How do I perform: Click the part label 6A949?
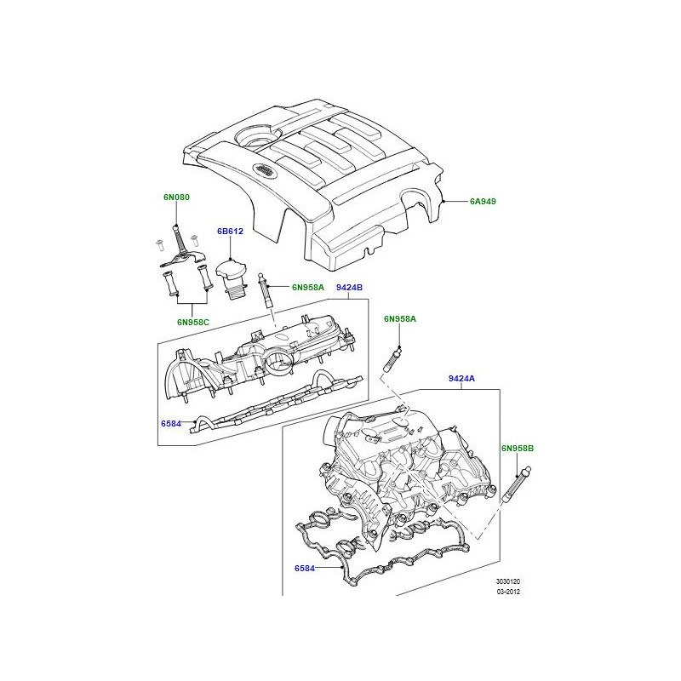pyautogui.click(x=483, y=202)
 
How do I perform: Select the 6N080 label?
pyautogui.click(x=176, y=197)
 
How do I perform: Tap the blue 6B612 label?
pyautogui.click(x=230, y=232)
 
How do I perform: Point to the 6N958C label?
pyautogui.click(x=193, y=323)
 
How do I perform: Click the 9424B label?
pyautogui.click(x=349, y=288)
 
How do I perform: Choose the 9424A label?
pyautogui.click(x=461, y=379)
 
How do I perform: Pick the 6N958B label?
pyautogui.click(x=518, y=449)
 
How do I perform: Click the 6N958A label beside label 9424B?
pyautogui.click(x=308, y=288)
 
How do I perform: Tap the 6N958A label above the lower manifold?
pyautogui.click(x=399, y=319)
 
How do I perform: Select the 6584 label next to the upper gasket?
pyautogui.click(x=171, y=424)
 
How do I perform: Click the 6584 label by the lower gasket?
pyautogui.click(x=305, y=569)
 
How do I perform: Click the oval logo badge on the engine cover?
pyautogui.click(x=263, y=169)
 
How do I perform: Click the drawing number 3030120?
pyautogui.click(x=508, y=581)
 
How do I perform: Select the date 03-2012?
pyautogui.click(x=508, y=592)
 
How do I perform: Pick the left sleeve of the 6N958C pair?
pyautogui.click(x=169, y=283)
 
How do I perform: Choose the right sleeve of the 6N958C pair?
pyautogui.click(x=205, y=278)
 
